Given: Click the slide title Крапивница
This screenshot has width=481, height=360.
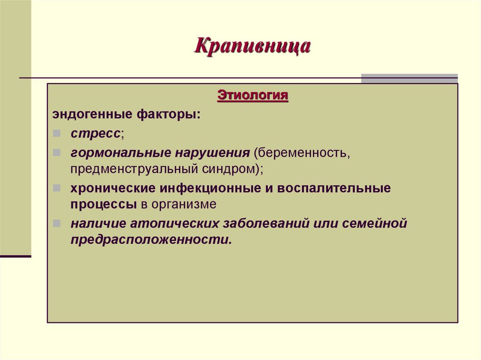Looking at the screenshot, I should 252,47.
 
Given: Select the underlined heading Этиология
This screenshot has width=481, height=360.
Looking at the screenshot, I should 252,96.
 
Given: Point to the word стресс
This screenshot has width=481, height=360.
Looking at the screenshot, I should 96,134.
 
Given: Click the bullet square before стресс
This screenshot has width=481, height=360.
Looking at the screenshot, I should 56,134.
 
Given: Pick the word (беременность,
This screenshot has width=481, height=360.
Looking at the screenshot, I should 301,153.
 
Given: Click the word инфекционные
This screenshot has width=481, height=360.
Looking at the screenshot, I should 194,188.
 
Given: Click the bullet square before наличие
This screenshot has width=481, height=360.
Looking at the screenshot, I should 56,223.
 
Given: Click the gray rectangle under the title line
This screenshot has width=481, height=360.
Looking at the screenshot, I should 409,78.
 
